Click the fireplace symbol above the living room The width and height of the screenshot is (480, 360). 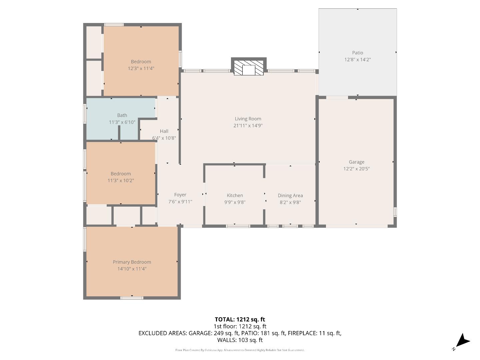pos(249,68)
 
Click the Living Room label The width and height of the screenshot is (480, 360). pos(248,119)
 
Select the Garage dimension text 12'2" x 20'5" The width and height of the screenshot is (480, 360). pos(356,169)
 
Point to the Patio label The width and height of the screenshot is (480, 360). pos(357,53)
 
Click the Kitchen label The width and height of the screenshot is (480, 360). pos(235,195)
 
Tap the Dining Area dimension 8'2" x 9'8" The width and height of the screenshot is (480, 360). pos(290,202)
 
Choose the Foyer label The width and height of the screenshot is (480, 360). pos(180,195)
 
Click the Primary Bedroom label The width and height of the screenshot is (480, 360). pos(132,262)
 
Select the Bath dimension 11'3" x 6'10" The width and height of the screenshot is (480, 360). pos(122,122)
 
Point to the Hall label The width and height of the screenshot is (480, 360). pos(164,131)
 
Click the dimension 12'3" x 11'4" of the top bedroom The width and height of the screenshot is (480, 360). pos(141,68)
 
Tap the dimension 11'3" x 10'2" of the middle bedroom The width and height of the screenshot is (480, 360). pos(121,181)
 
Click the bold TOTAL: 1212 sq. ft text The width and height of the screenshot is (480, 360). pos(240,319)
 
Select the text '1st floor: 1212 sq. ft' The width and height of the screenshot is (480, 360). pos(240,326)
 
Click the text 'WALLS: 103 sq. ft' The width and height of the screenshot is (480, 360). pos(240,340)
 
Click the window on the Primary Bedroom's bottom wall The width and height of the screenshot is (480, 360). pos(132,298)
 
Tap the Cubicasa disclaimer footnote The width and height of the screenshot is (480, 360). pos(240,350)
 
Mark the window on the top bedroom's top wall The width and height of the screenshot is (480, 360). pos(114,25)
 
